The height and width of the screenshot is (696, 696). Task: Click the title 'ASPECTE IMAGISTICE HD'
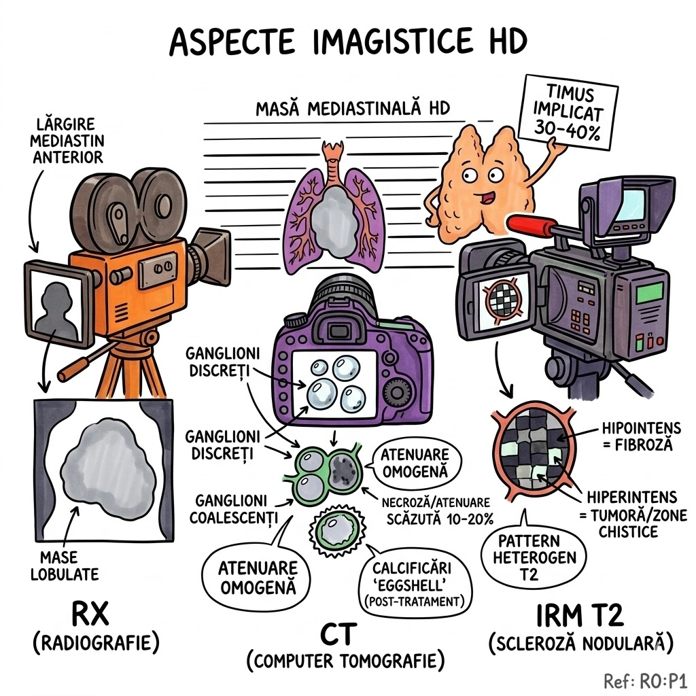point(347,42)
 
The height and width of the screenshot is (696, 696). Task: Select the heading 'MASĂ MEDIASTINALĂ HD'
point(353,109)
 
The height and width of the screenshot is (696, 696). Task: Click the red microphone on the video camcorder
point(539,226)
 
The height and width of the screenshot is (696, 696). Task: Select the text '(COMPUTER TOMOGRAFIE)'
point(345,659)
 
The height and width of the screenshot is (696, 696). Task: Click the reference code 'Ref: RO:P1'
point(646,680)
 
